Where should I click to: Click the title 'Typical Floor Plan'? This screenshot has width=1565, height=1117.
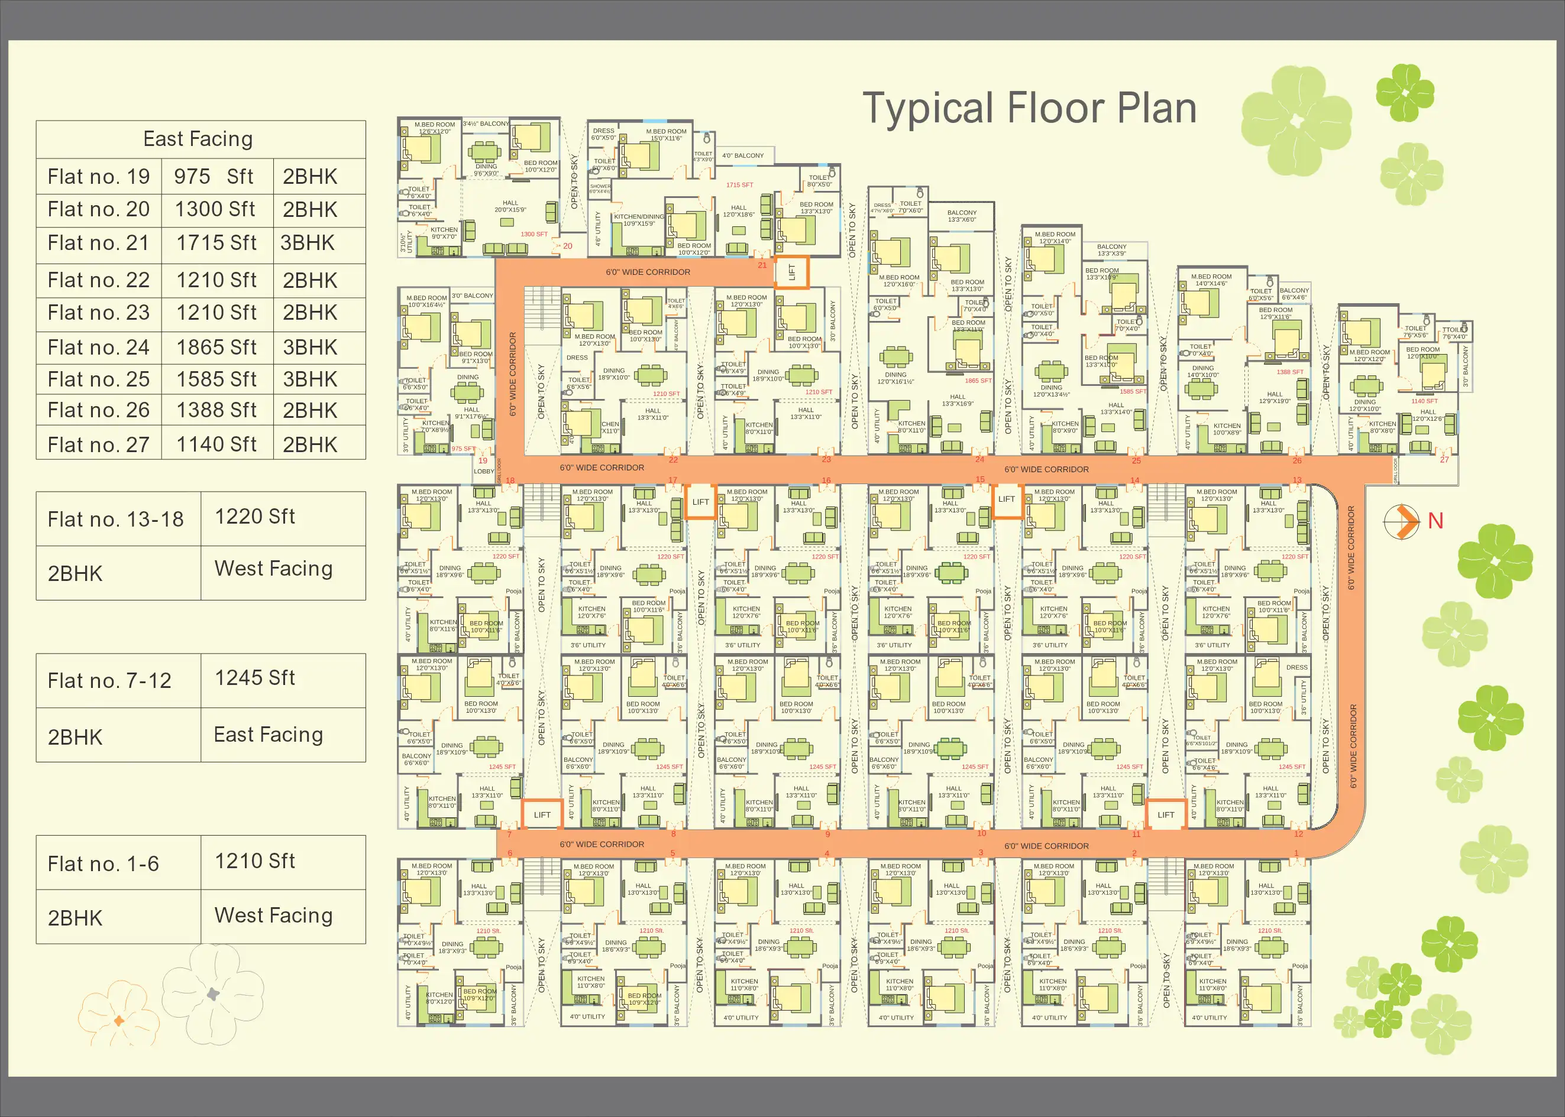(x=1029, y=109)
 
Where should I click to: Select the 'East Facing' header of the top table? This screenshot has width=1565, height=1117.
(x=198, y=139)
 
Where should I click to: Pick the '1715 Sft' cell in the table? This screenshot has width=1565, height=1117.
(x=216, y=243)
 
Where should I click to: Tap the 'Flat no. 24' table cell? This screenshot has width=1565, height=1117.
(x=98, y=348)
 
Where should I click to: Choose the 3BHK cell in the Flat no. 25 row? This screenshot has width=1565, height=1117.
(x=311, y=379)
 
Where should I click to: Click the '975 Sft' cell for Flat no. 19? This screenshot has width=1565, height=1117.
(x=214, y=177)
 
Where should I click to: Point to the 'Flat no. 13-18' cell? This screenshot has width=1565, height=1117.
(x=115, y=519)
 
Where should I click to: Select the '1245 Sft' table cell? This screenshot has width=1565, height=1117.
(x=255, y=678)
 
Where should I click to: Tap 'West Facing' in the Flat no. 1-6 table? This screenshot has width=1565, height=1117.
(x=273, y=915)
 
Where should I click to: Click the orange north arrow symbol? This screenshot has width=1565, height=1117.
(x=1402, y=521)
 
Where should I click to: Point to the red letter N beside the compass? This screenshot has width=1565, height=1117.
(x=1435, y=521)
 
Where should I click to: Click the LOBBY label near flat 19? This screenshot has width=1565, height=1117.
(x=484, y=471)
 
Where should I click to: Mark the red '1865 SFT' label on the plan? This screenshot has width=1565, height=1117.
(x=978, y=381)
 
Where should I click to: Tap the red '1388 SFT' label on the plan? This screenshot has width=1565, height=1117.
(x=1290, y=372)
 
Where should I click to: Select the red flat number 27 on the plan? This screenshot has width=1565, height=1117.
(x=1444, y=459)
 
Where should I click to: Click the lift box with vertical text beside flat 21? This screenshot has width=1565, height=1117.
(x=791, y=272)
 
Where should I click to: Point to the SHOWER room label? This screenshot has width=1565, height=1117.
(x=599, y=188)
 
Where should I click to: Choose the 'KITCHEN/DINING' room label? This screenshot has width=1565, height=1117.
(x=639, y=217)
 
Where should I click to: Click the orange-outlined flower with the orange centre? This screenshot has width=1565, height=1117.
(x=118, y=1021)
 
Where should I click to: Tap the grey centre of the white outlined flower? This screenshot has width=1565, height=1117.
(x=214, y=994)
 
